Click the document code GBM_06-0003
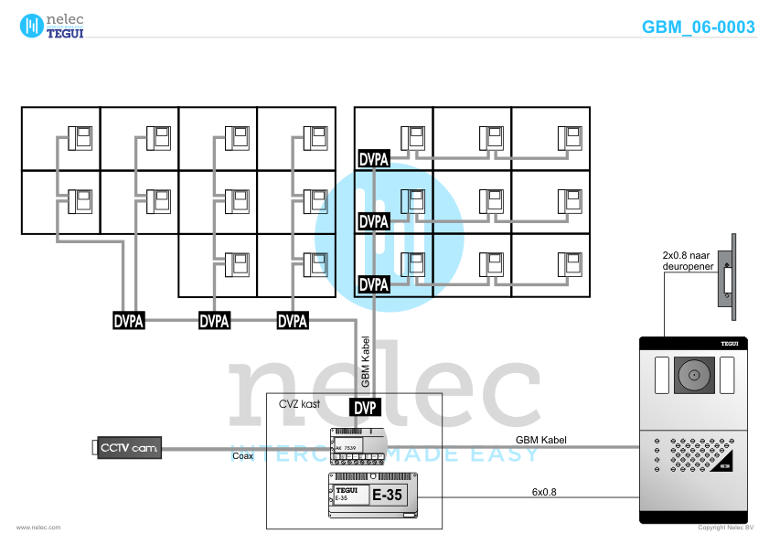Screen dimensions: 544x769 tap(699, 27)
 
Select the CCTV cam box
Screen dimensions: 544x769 tap(128, 447)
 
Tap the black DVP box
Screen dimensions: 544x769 tap(366, 407)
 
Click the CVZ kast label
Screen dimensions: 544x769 tap(298, 402)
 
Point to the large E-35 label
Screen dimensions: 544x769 tap(387, 496)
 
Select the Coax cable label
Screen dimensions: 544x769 tap(242, 455)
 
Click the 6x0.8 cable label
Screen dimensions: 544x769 tap(544, 492)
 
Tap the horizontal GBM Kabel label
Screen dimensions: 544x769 tap(541, 440)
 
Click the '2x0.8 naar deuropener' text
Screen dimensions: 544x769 tap(686, 261)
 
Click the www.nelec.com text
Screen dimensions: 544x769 tap(38, 528)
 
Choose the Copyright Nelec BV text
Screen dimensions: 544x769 tap(725, 528)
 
